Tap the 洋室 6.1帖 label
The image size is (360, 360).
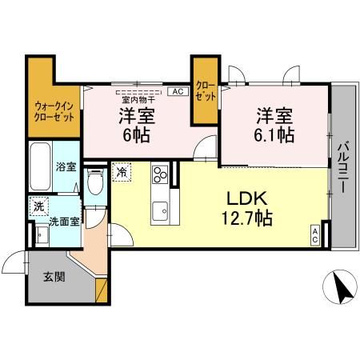pyautogui.click(x=274, y=124)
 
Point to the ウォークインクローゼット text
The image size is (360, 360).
pyautogui.click(x=54, y=110)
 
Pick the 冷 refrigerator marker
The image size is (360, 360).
pyautogui.click(x=122, y=170)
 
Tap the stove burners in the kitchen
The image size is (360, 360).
pyautogui.click(x=160, y=174)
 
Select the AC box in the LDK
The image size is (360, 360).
pyautogui.click(x=315, y=236)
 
